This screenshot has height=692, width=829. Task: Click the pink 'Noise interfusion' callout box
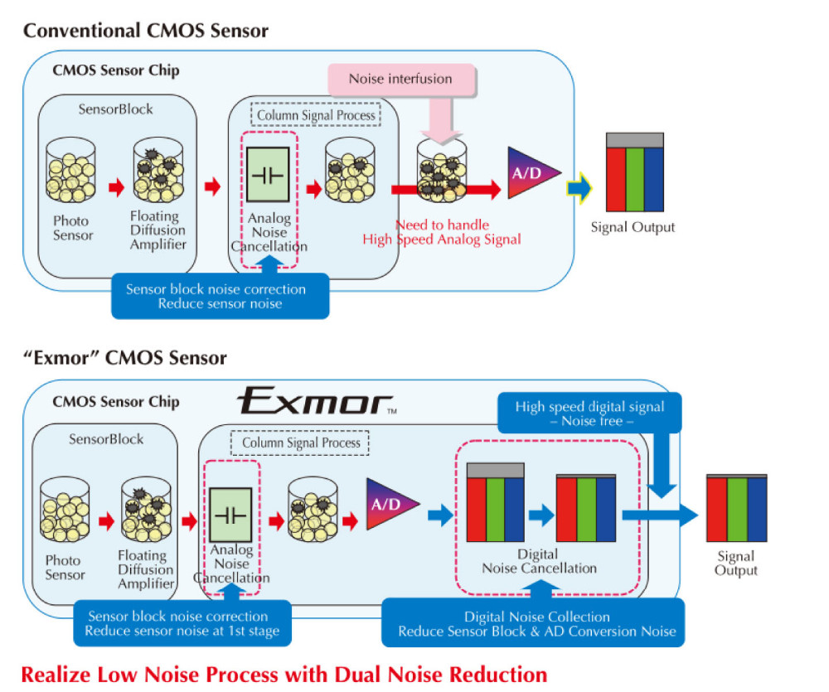pos(400,80)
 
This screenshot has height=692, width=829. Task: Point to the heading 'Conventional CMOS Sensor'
pos(146,31)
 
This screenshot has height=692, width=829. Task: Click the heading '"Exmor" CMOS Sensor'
pos(124,358)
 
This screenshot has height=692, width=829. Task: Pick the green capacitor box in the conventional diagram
pos(268,174)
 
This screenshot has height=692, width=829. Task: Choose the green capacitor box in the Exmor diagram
pos(230,515)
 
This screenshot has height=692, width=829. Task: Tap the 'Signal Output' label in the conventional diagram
pos(633,227)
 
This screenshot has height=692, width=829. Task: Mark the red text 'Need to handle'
pos(442,225)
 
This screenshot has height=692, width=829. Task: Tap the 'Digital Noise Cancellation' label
pos(539,561)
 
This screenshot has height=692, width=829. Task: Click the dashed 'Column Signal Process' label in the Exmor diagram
pos(301,443)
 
